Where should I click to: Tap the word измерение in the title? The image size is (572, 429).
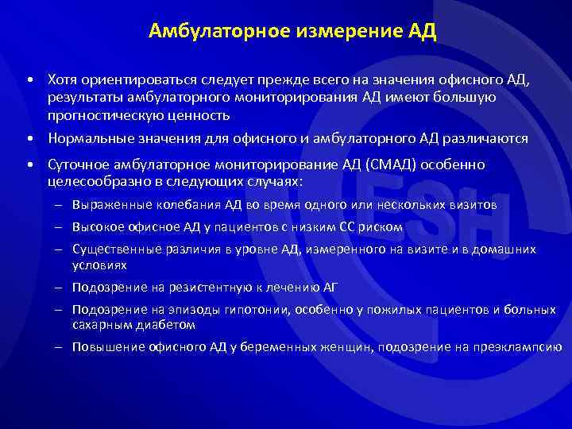pyautogui.click(x=338, y=33)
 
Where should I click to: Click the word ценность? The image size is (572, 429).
pyautogui.click(x=199, y=115)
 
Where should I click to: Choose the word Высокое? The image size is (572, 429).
pyautogui.click(x=95, y=227)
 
